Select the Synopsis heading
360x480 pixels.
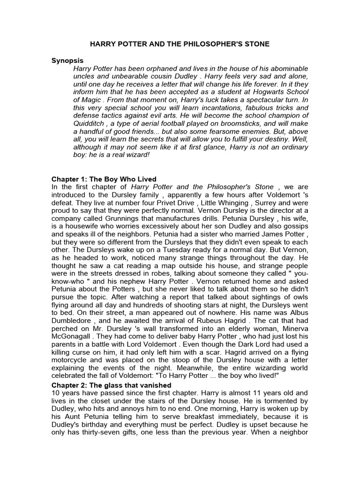(x=67, y=60)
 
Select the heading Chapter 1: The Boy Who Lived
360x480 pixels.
(x=104, y=180)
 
